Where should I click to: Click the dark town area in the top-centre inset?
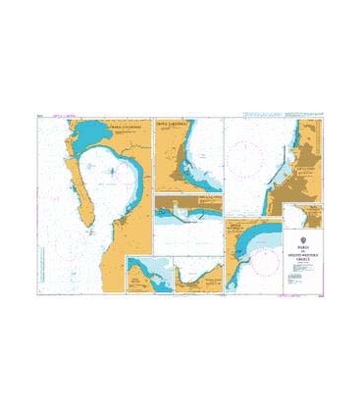pos(180,178)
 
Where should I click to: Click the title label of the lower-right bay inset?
pos(241,227)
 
